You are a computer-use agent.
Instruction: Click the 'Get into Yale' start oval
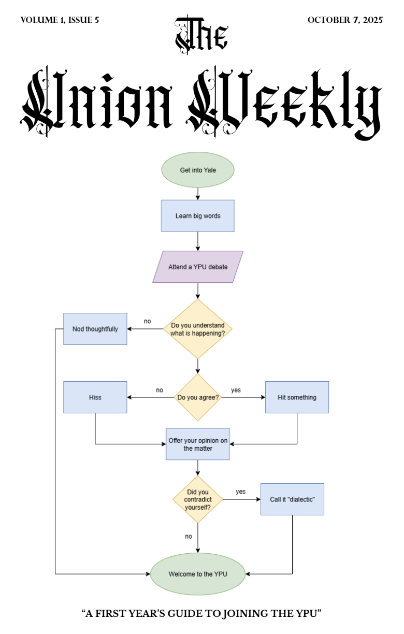(198, 170)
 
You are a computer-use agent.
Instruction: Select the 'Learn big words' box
(198, 216)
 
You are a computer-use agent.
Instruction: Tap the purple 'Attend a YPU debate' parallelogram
(198, 267)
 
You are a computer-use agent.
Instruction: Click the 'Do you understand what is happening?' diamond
(198, 329)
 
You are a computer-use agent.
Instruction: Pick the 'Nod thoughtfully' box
(95, 329)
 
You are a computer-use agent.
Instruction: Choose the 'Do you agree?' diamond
(198, 397)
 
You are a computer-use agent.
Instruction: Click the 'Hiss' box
(95, 397)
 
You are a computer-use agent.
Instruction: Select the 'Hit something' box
(297, 397)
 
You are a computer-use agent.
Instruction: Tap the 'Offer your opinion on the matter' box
(198, 444)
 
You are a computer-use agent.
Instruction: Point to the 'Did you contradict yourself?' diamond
(198, 499)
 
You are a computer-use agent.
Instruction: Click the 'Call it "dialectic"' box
(293, 499)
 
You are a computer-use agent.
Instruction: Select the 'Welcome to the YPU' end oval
(198, 574)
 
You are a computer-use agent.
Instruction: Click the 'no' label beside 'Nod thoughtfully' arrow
(148, 321)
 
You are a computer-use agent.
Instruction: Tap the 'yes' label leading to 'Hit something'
(236, 390)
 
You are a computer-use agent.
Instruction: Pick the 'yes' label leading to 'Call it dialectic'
(241, 492)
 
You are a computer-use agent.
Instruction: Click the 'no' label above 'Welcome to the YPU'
(189, 536)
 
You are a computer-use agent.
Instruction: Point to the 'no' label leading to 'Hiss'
(160, 390)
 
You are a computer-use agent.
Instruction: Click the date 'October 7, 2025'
(345, 20)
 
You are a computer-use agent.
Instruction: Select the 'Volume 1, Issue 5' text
(60, 20)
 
